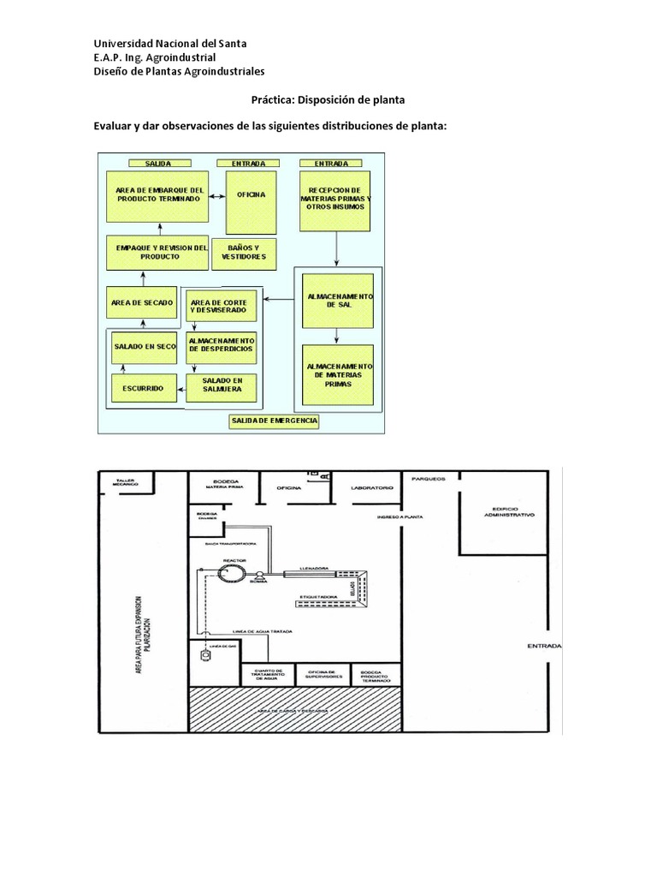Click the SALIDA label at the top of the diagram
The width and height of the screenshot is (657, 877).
click(x=159, y=163)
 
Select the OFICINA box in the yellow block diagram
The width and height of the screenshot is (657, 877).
click(x=252, y=195)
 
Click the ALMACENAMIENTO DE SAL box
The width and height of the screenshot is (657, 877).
click(x=340, y=300)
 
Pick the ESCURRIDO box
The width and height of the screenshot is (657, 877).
click(x=143, y=388)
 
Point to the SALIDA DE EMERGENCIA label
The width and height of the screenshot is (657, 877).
click(x=274, y=421)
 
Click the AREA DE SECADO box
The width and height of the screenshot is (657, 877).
click(x=143, y=303)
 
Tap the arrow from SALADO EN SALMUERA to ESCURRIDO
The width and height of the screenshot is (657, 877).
click(x=181, y=389)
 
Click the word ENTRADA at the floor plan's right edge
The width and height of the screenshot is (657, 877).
click(x=544, y=645)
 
